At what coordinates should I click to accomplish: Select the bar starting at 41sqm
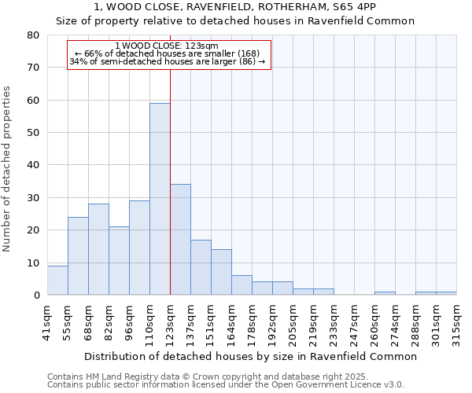[x=57, y=281]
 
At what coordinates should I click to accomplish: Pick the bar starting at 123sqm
[x=180, y=240]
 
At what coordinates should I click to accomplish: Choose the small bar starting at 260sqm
[x=385, y=293]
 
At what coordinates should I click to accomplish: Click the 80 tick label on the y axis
[x=32, y=35]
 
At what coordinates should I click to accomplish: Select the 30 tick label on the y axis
[x=32, y=198]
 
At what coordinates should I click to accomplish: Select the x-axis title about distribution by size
[x=251, y=356]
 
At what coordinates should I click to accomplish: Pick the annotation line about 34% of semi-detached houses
[x=167, y=61]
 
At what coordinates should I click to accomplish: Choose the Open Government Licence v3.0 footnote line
[x=226, y=385]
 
